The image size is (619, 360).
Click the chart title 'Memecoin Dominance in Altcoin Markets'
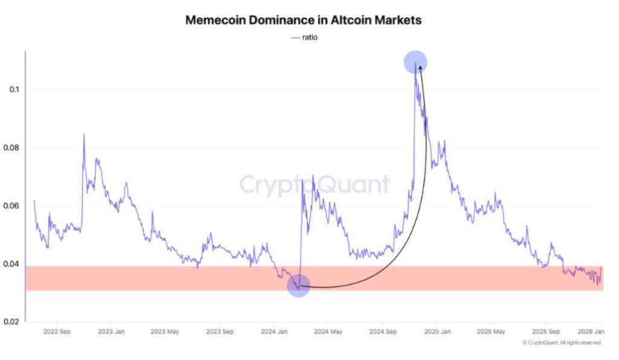pyautogui.click(x=303, y=20)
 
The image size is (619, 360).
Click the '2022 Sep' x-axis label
pyautogui.click(x=56, y=332)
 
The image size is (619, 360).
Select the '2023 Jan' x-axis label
pyautogui.click(x=111, y=332)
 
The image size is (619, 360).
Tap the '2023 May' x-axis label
pyautogui.click(x=165, y=332)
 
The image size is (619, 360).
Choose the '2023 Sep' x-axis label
pyautogui.click(x=219, y=332)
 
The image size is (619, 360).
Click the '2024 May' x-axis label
pyautogui.click(x=328, y=332)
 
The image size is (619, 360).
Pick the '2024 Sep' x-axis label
pyautogui.click(x=383, y=332)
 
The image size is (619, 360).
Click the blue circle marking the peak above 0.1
pyautogui.click(x=416, y=62)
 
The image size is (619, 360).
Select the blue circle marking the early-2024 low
pyautogui.click(x=299, y=285)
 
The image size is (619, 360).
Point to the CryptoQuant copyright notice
pyautogui.click(x=561, y=343)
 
